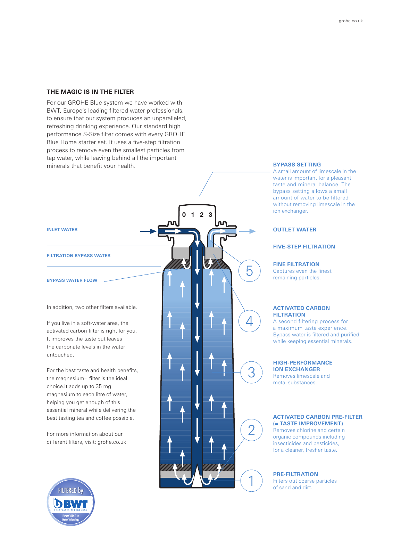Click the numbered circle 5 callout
coord(249,271)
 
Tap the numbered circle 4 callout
coord(249,321)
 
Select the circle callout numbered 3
coord(251,372)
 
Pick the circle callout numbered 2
coord(251,430)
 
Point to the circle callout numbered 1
coord(251,481)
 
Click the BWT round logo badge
coord(71,502)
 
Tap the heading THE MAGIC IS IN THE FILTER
coord(90,92)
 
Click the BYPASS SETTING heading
coord(297,165)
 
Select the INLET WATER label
coord(62,230)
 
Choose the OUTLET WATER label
coord(295,230)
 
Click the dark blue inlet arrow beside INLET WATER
coord(148,231)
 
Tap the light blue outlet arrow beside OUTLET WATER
coord(248,231)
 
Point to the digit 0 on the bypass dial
coord(184,215)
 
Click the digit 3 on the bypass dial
coord(210,215)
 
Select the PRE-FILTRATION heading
coord(295,474)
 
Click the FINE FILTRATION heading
coord(296,264)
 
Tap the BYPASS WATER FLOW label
coord(72,280)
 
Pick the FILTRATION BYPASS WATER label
coord(78,256)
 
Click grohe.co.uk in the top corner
coord(351,21)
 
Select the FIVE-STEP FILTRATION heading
coord(304,247)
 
